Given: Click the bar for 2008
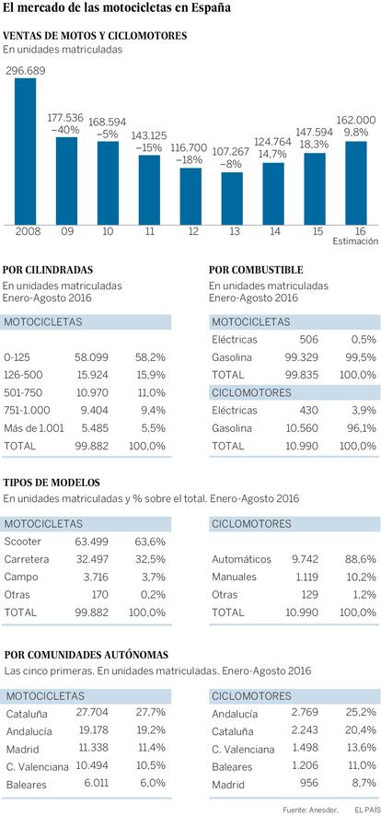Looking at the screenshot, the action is coord(25,151).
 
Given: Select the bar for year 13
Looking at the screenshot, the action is coord(232,198).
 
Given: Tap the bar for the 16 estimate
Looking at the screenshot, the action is coord(356,182).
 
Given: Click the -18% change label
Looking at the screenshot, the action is coord(190,159).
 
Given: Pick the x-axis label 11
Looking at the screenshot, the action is coord(150,231).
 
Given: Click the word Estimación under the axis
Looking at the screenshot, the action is coord(356,241).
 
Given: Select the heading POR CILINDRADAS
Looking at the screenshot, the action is coord(48,270).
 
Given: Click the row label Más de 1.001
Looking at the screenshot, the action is coord(34,427).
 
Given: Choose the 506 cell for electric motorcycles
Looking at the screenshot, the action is coord(308,340).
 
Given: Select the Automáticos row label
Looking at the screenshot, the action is coord(241,559).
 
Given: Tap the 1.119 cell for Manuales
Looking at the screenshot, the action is coord(306,577).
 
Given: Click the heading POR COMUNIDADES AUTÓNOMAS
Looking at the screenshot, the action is coord(93,654).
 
